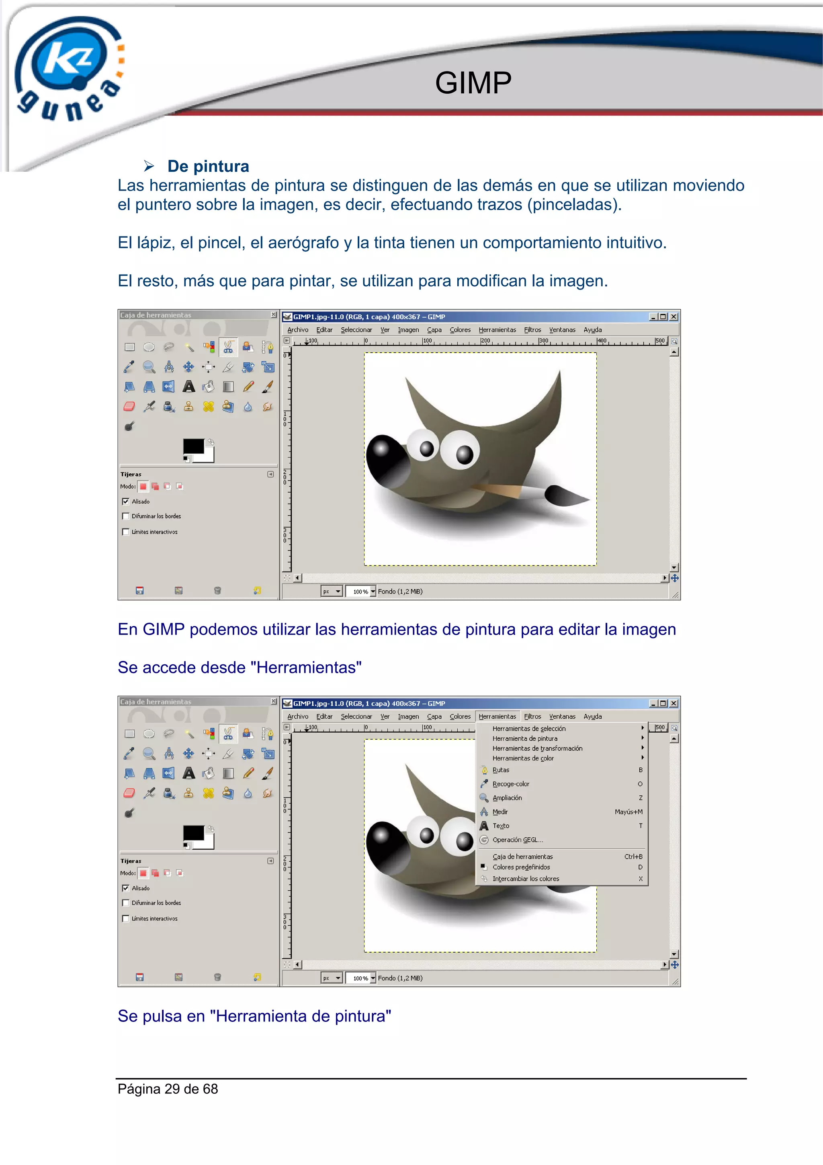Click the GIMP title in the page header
click(473, 83)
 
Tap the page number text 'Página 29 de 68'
click(168, 1089)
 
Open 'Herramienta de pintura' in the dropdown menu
click(525, 739)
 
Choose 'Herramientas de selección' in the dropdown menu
click(529, 729)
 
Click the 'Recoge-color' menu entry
click(511, 784)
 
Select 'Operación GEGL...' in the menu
click(517, 840)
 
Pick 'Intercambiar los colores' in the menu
click(526, 879)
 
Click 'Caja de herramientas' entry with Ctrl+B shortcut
click(522, 857)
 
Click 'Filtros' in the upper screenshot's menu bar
click(532, 330)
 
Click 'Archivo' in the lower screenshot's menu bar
click(298, 717)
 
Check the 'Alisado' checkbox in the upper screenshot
click(126, 501)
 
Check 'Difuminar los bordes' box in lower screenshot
click(126, 903)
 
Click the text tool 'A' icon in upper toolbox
click(188, 386)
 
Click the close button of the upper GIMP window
click(674, 316)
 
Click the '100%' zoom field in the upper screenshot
click(360, 592)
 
